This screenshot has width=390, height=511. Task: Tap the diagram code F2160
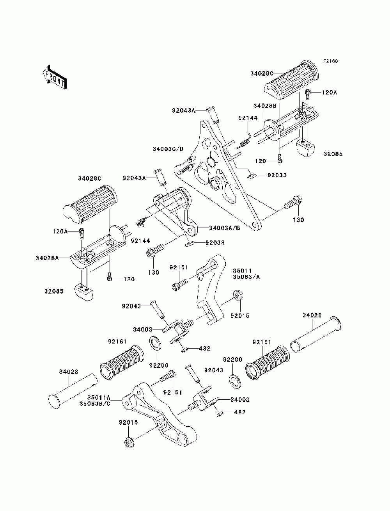(x=330, y=61)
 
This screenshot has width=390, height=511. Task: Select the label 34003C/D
(x=168, y=149)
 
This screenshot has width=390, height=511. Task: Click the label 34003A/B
(x=224, y=228)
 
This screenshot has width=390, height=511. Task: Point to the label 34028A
(x=47, y=258)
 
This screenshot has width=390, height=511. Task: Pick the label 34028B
(x=265, y=106)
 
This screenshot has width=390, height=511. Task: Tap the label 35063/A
(x=246, y=277)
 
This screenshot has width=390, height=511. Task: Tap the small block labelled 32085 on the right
(x=305, y=148)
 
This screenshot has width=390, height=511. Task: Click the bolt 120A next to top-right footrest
(x=307, y=94)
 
